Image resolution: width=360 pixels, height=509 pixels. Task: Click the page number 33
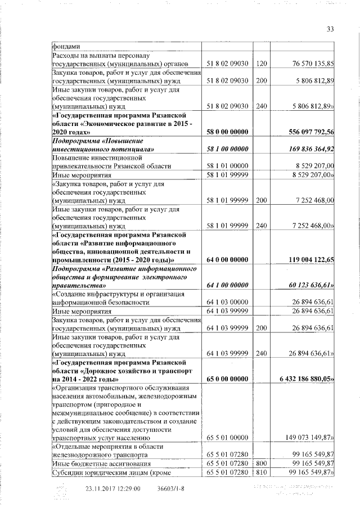tap(330, 29)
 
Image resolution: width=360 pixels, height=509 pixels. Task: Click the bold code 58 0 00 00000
tap(228, 132)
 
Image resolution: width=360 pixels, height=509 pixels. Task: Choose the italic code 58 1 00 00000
tap(228, 149)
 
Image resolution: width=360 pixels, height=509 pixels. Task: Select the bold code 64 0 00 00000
tap(228, 260)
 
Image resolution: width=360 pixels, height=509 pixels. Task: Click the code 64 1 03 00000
tap(228, 302)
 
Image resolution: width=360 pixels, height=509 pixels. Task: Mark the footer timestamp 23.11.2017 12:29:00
tap(112, 488)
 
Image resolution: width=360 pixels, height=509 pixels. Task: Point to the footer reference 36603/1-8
tap(172, 488)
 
